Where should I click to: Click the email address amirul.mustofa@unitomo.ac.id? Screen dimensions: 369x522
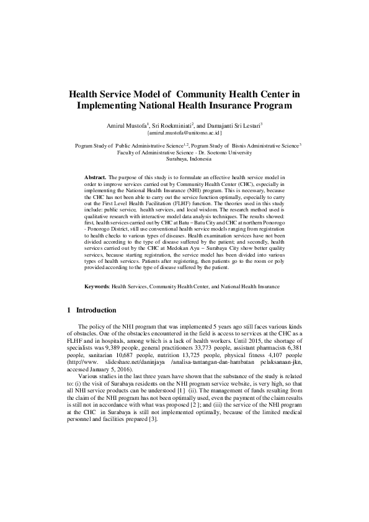click(x=184, y=133)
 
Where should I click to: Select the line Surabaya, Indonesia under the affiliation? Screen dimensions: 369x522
click(x=184, y=159)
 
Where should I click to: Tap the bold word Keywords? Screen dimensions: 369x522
click(x=97, y=287)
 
